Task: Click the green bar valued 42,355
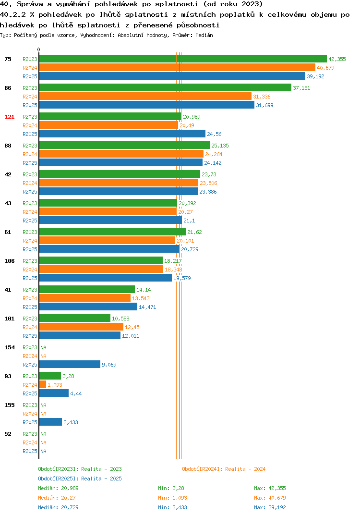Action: click(x=183, y=59)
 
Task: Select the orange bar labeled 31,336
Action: click(x=145, y=97)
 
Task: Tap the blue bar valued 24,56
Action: click(x=122, y=134)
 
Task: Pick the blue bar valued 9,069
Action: click(x=70, y=364)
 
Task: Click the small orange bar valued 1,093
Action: click(x=43, y=385)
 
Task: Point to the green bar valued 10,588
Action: click(x=74, y=318)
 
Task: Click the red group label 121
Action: click(x=10, y=117)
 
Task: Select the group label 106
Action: click(x=10, y=261)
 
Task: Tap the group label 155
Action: click(x=10, y=405)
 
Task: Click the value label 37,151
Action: click(x=301, y=88)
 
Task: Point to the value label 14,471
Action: click(x=147, y=307)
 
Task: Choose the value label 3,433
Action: click(x=71, y=422)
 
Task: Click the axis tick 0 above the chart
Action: click(x=38, y=49)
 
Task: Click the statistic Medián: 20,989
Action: click(x=58, y=488)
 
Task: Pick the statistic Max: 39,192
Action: click(x=270, y=507)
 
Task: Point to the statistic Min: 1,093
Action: click(x=172, y=498)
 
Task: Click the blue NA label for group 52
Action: click(x=43, y=451)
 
